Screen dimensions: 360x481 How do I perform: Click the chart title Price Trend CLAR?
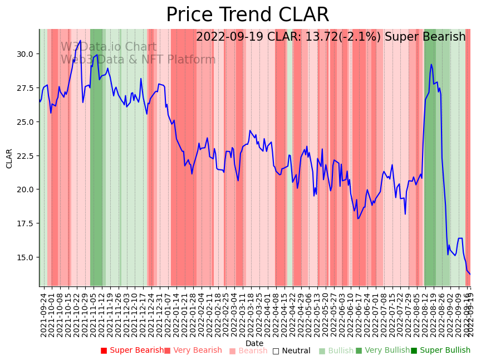[x=247, y=15]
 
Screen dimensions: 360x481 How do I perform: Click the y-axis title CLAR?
[x=9, y=158]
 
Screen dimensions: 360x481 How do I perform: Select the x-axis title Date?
[x=254, y=343]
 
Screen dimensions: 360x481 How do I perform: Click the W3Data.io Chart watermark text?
[x=109, y=47]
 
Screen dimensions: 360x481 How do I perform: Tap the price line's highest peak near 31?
[x=80, y=40]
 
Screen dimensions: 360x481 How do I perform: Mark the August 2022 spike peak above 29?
[x=431, y=64]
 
